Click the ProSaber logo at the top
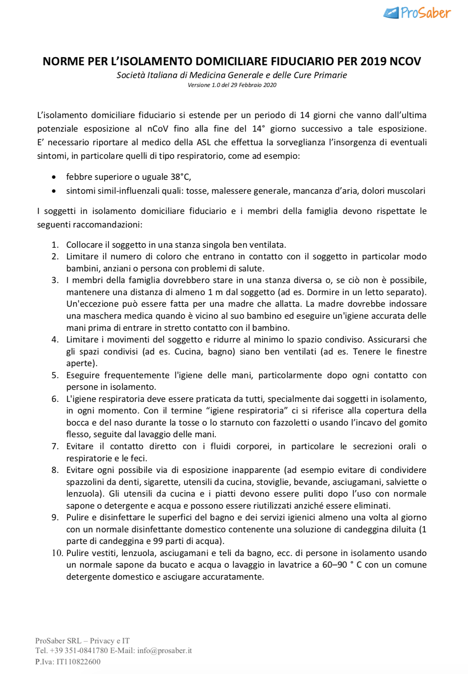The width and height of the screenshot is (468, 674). [417, 13]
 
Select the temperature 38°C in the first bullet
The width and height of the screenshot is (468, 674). [180, 177]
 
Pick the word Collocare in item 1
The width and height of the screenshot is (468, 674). [84, 245]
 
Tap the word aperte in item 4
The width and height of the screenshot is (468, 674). [81, 363]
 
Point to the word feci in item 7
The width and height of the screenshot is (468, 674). [138, 459]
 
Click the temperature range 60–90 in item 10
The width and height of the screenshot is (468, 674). [335, 565]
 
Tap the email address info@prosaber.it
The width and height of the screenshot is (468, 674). [165, 650]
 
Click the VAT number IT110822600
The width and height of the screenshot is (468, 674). [78, 662]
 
